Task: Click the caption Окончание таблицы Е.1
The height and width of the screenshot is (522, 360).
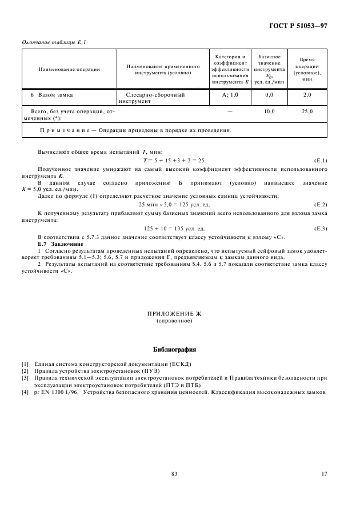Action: pyautogui.click(x=50, y=42)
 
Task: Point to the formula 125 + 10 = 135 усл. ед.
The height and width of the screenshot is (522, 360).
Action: pyautogui.click(x=174, y=228)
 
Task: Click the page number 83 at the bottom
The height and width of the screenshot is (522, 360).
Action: pyautogui.click(x=174, y=473)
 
